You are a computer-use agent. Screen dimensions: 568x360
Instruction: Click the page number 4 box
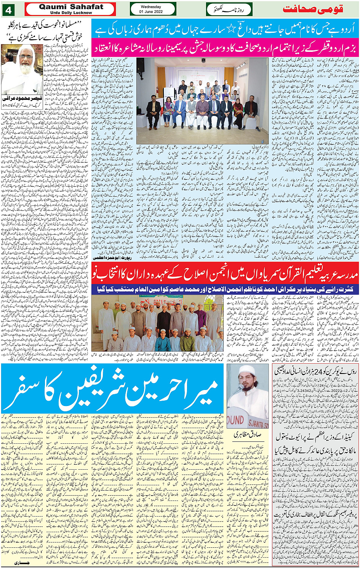8,10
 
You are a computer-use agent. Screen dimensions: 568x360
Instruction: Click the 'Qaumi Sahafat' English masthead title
71,7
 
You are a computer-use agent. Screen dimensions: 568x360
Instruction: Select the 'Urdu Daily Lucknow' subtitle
71,13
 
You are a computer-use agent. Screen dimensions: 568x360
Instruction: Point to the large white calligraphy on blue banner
112,389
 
